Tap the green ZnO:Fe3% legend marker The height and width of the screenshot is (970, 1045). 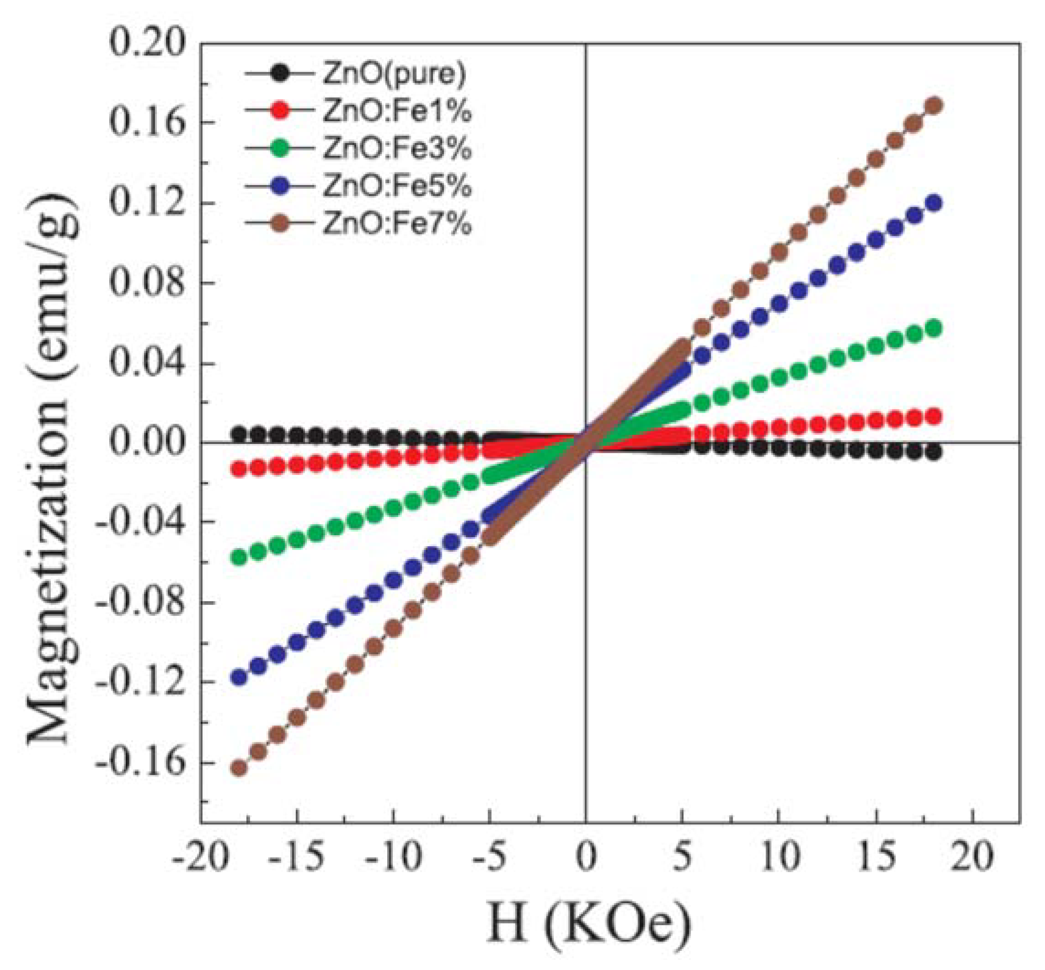281,149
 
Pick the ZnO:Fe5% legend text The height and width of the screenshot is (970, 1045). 397,187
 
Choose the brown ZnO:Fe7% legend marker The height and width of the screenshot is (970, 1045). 281,224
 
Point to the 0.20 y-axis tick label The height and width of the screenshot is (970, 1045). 147,44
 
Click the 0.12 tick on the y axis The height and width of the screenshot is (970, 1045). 147,204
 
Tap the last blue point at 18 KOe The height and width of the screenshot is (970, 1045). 934,203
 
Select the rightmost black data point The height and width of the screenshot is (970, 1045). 934,453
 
